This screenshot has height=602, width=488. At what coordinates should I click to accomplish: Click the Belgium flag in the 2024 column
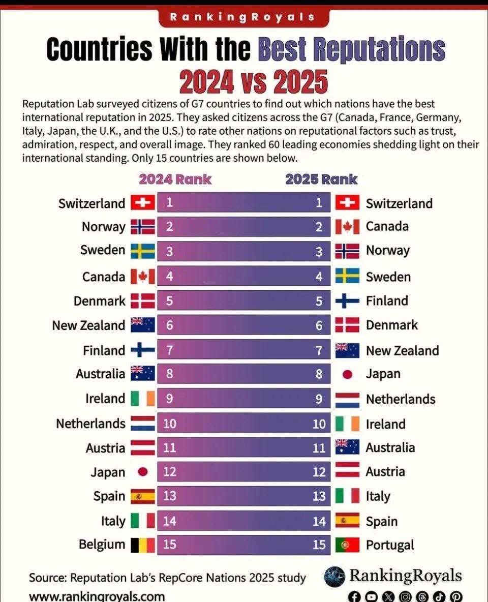[143, 545]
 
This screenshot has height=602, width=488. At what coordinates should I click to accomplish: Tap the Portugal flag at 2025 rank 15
[347, 545]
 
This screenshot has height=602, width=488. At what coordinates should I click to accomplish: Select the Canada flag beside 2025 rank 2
[347, 226]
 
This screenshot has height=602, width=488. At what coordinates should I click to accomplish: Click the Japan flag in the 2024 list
[143, 472]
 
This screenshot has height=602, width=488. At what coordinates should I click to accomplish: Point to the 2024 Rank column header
[175, 179]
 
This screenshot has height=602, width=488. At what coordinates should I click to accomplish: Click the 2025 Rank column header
[321, 179]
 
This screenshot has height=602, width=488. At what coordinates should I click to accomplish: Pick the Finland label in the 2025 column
[387, 301]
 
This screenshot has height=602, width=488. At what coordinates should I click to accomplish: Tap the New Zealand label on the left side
[88, 325]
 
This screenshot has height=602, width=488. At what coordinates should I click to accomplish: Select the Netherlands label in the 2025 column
[401, 399]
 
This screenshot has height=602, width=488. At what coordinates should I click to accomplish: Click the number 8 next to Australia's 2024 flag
[169, 374]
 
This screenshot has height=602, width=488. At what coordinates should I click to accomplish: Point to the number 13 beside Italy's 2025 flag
[319, 496]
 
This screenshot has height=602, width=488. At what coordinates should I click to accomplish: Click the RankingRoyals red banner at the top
[243, 17]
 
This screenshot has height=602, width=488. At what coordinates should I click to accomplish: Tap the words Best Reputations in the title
[352, 49]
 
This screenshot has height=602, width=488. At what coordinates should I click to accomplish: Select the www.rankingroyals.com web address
[97, 596]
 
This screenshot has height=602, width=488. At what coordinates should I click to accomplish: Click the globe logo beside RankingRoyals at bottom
[334, 577]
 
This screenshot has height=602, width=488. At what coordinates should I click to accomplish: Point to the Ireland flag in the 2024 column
[143, 399]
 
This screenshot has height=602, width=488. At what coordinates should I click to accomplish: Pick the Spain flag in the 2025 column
[347, 521]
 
